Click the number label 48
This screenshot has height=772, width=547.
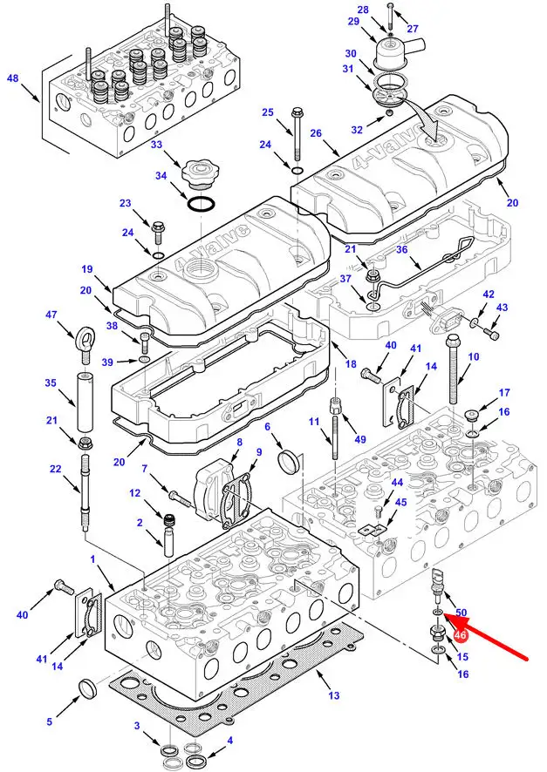point(13,78)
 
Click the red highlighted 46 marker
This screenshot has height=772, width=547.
point(461,636)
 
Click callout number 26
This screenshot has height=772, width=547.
point(316,133)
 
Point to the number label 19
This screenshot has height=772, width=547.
point(87,269)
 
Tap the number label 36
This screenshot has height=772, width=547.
point(402,249)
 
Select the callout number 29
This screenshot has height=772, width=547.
point(353,21)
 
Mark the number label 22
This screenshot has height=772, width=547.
point(56,470)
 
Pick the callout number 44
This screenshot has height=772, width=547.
point(397,482)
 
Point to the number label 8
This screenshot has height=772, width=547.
point(239,443)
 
